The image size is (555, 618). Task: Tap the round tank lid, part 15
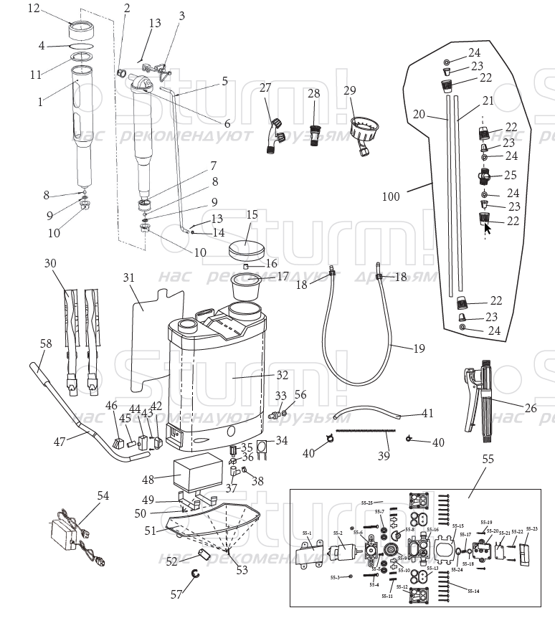pyautogui.click(x=246, y=250)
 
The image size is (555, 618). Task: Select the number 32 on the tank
pyautogui.click(x=282, y=374)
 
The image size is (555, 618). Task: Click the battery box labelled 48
pyautogui.click(x=196, y=474)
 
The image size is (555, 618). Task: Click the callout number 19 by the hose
pyautogui.click(x=419, y=348)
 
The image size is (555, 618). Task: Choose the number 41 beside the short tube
pyautogui.click(x=427, y=413)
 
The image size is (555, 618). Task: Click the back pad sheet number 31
pyautogui.click(x=128, y=277)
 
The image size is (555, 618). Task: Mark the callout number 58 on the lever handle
pyautogui.click(x=47, y=344)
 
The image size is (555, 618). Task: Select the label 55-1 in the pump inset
pyautogui.click(x=306, y=533)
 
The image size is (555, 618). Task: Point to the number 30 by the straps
pyautogui.click(x=49, y=263)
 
